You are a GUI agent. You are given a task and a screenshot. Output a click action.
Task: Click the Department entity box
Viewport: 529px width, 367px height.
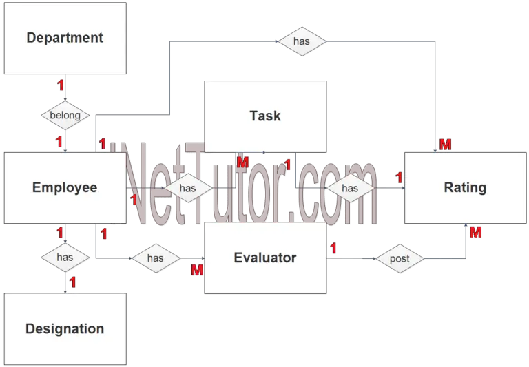[65, 38]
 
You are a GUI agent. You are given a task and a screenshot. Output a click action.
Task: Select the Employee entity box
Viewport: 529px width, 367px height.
[65, 188]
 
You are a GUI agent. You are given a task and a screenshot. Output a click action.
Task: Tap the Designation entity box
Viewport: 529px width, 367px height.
[65, 329]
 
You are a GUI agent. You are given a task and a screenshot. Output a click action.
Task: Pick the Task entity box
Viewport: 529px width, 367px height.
[265, 116]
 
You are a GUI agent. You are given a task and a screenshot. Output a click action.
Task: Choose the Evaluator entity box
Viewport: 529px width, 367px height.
[265, 258]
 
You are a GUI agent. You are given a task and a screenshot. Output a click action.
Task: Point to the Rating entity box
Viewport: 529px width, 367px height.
[465, 188]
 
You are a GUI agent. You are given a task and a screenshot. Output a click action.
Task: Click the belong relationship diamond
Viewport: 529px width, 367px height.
[65, 116]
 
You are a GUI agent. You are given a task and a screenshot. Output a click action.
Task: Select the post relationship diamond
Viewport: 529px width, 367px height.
[400, 259]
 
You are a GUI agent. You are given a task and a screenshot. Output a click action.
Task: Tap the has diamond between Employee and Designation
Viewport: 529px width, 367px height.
[65, 258]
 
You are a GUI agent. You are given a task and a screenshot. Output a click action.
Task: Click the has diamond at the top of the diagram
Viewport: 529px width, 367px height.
[302, 41]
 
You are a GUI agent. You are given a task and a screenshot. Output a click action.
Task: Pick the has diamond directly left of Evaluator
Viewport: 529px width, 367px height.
[156, 258]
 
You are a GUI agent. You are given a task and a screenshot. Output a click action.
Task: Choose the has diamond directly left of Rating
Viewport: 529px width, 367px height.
[350, 188]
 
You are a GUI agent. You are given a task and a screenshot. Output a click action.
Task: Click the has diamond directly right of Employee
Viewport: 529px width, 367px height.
[188, 188]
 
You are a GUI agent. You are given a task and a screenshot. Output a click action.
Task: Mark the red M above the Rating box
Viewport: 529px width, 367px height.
[446, 145]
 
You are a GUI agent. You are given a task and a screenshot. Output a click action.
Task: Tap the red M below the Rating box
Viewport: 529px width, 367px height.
[476, 232]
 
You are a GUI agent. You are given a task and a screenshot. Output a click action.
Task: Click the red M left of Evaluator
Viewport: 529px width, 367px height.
[197, 270]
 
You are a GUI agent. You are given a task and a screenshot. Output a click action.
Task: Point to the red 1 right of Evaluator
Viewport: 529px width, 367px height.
[333, 249]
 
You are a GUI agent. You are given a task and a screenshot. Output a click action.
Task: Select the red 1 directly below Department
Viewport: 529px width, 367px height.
[61, 85]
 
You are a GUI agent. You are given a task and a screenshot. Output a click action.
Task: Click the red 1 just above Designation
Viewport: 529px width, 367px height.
[72, 282]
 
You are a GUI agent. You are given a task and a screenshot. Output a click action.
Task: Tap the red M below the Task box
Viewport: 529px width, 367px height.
[242, 162]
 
